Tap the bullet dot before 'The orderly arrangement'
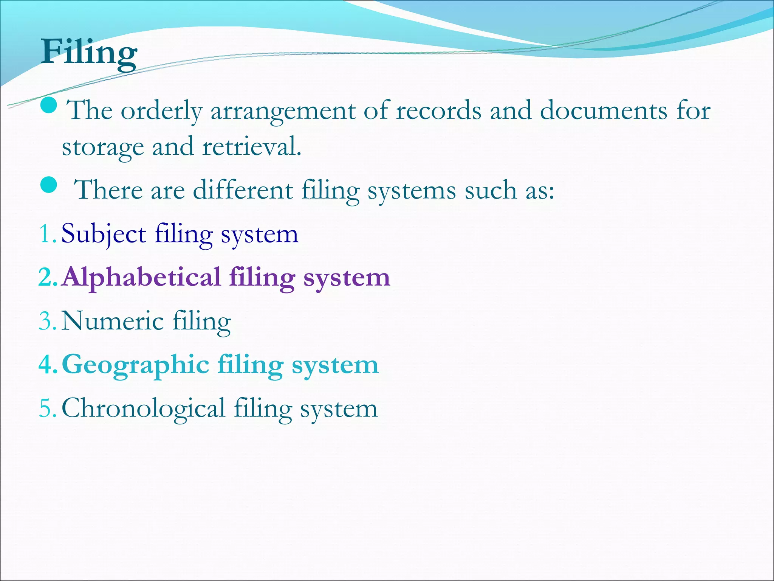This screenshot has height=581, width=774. (48, 106)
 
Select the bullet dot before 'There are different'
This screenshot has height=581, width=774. (48, 185)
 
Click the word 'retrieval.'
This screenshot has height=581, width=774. (252, 147)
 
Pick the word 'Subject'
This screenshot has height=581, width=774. (104, 235)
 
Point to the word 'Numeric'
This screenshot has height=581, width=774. (112, 321)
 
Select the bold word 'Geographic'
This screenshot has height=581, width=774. (135, 365)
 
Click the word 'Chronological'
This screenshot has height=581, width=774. (143, 409)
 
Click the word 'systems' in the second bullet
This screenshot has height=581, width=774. (412, 190)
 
